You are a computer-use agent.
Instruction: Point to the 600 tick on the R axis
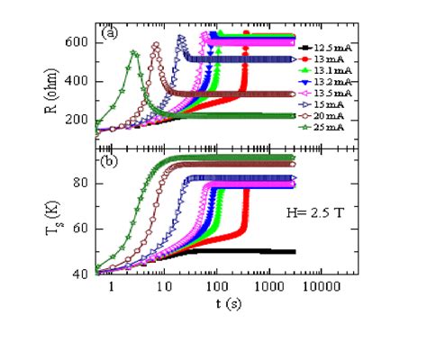82,42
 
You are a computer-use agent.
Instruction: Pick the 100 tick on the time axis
215,289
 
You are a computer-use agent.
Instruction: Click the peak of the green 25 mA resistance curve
134,52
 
